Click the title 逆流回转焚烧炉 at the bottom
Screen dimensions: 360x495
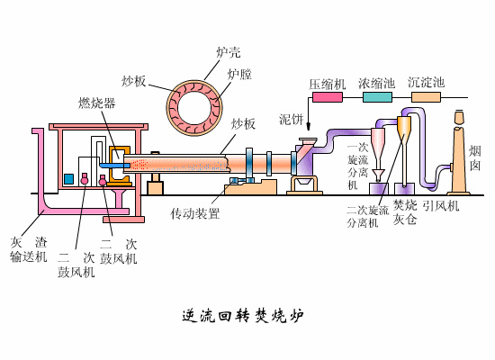tap(242, 316)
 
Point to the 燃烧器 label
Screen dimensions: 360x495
tap(96, 103)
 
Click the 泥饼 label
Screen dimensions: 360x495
tap(291, 119)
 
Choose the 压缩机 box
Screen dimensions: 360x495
tap(327, 84)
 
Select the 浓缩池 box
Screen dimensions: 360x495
tap(376, 84)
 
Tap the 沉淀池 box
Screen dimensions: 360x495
tap(426, 84)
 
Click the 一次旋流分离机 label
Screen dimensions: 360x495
tap(357, 166)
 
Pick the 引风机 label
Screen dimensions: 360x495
tap(442, 206)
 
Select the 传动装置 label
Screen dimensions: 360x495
tap(195, 214)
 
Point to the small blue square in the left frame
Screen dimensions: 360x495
tap(68, 179)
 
